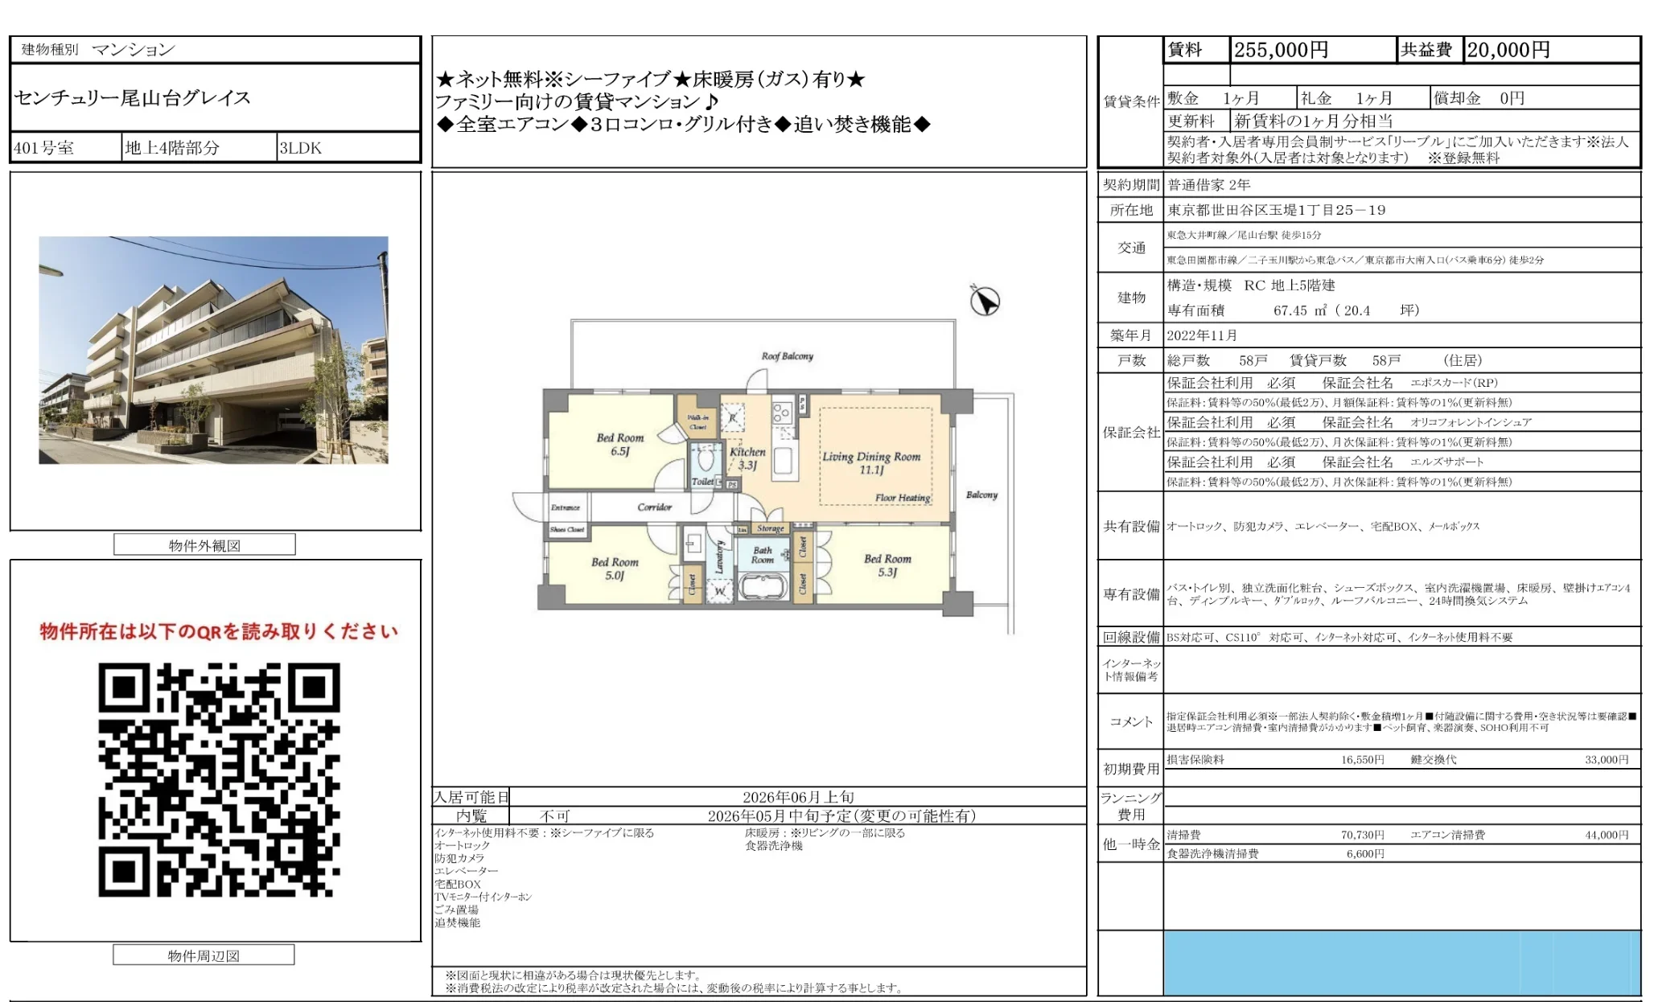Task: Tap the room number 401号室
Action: (x=44, y=148)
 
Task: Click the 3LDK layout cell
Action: (x=300, y=148)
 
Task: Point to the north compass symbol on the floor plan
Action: (x=985, y=301)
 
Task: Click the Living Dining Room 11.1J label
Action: (x=870, y=462)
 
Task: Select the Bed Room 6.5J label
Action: (x=619, y=444)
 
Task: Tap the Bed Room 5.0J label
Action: (x=614, y=569)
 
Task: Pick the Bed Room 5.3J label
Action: (x=887, y=565)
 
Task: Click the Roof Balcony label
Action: (x=787, y=356)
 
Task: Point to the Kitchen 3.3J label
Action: (x=747, y=458)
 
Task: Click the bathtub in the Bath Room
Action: (x=762, y=587)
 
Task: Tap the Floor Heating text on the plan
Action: (x=903, y=498)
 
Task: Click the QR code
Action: (x=219, y=779)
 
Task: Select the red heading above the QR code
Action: (x=219, y=631)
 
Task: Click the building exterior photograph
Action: (x=213, y=350)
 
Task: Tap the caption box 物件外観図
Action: (x=204, y=545)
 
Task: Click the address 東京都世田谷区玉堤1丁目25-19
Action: (x=1276, y=210)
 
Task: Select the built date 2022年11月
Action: (x=1202, y=335)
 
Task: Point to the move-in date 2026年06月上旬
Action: (x=797, y=797)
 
